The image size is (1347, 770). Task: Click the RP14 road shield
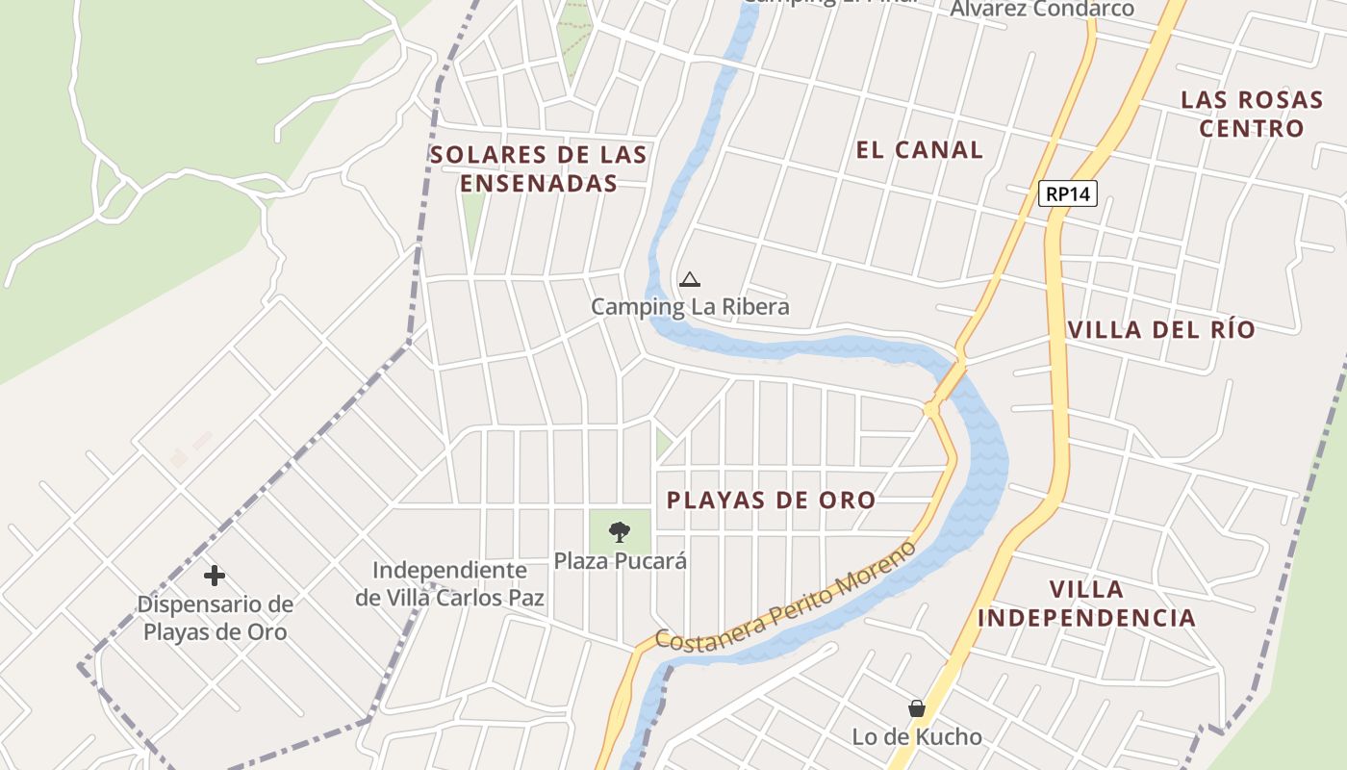1068,193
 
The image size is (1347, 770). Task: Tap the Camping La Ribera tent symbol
689,280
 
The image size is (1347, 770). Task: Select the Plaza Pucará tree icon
621,530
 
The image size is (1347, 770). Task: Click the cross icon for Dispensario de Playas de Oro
215,576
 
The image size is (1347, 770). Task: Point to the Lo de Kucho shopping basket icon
917,708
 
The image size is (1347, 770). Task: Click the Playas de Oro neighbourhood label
772,500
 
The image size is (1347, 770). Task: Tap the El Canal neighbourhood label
920,149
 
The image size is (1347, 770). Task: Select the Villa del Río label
1161,329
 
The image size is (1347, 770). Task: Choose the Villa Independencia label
1087,603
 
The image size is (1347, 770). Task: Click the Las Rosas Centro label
1252,114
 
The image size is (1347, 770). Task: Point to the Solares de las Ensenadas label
539,168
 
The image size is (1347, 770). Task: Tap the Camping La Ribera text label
690,307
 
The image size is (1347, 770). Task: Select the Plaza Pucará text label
621,560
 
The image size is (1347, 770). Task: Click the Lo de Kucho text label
917,737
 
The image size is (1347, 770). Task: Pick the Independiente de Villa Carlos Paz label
450,584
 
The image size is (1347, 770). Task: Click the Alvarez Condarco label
1042,9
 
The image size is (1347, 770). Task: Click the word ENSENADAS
539,183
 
